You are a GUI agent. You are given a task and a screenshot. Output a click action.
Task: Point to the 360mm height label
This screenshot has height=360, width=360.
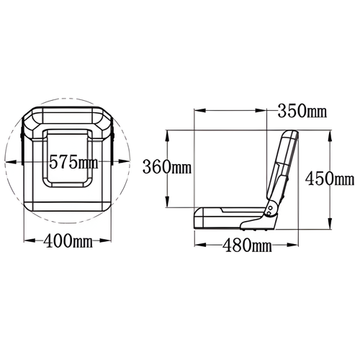[166, 167]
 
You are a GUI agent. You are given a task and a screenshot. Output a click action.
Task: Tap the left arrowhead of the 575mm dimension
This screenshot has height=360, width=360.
[8, 160]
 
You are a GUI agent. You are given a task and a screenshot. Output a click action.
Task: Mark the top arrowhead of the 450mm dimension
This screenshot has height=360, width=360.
[329, 134]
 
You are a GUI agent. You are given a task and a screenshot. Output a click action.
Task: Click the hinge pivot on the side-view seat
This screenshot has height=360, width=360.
[270, 210]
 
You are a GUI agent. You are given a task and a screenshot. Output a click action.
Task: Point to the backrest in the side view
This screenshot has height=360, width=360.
[282, 169]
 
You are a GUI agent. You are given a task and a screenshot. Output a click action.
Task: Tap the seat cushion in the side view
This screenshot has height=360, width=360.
[230, 215]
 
